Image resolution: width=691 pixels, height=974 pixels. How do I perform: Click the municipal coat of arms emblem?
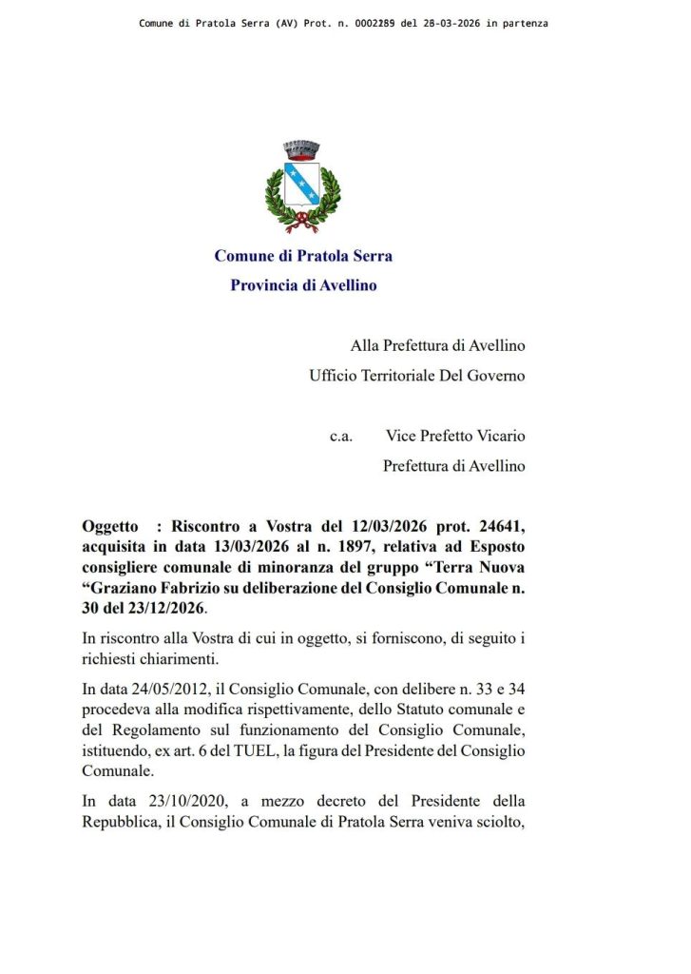click(x=302, y=186)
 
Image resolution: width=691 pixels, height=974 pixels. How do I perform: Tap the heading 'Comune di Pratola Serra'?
click(x=303, y=256)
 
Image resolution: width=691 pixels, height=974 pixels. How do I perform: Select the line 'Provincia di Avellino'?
click(x=303, y=284)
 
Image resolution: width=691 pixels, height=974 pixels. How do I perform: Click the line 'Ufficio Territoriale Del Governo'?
click(x=417, y=376)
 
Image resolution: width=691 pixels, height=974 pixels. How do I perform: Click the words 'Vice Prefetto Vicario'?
click(x=455, y=436)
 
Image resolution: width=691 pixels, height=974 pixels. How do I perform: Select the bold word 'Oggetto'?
click(x=111, y=526)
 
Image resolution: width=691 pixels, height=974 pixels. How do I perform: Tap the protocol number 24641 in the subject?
click(x=493, y=526)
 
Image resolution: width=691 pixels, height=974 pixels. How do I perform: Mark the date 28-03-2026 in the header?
click(x=444, y=22)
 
